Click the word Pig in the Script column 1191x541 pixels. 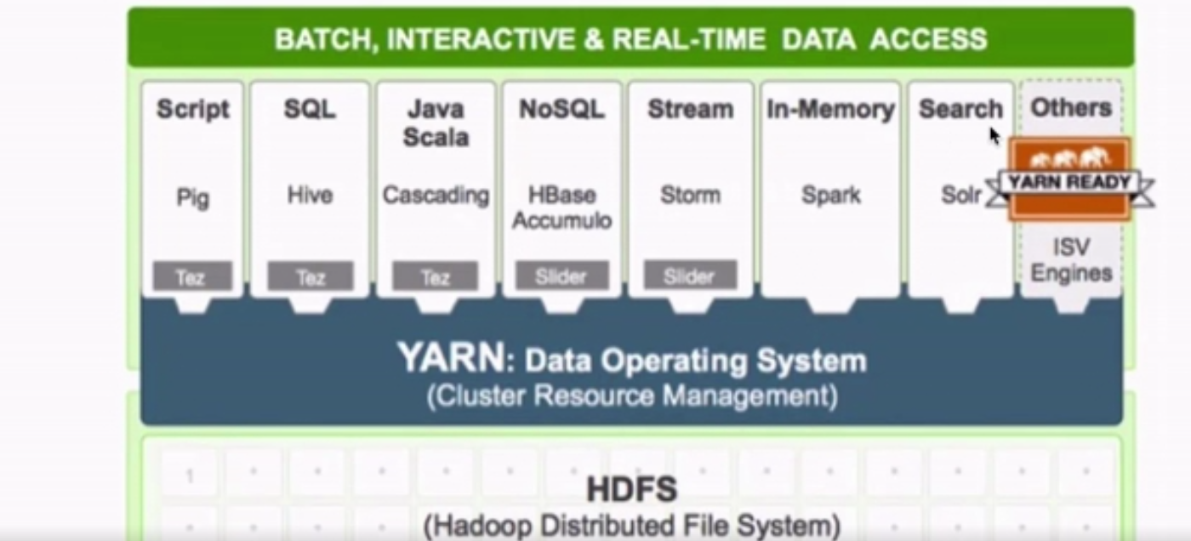tap(192, 197)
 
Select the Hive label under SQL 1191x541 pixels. tap(310, 196)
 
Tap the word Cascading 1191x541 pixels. tap(436, 196)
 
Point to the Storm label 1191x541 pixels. tap(690, 195)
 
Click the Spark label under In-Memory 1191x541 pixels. tap(831, 195)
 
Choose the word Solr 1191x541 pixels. tap(961, 195)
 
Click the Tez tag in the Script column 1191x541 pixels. tap(191, 276)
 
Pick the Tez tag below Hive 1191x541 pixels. tap(310, 276)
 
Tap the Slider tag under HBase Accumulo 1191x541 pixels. tap(561, 276)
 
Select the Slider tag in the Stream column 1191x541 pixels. tap(690, 276)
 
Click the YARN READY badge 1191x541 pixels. tap(1069, 180)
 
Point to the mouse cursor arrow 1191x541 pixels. tap(994, 135)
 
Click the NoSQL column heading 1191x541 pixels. tap(561, 109)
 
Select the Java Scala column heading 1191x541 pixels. tap(436, 122)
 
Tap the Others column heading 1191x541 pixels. tap(1071, 108)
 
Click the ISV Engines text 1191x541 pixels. tap(1071, 260)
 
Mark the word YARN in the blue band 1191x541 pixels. tap(450, 358)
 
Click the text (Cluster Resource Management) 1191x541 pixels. tap(631, 396)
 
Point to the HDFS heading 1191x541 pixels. tap(631, 489)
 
